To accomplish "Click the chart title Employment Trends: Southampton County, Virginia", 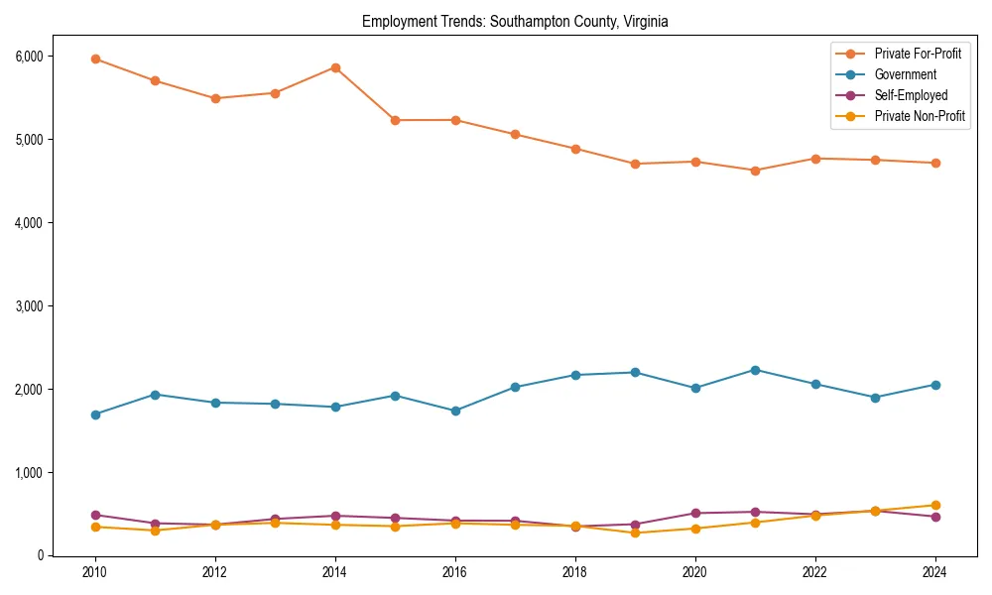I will coord(515,21).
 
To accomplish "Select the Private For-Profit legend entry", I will coord(918,54).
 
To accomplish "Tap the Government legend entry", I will coord(905,74).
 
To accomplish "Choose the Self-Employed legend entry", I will coord(911,95).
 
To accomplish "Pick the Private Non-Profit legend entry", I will coord(920,116).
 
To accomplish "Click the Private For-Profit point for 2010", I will coord(95,59).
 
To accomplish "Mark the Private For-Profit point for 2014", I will coord(335,67).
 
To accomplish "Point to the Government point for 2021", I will coord(755,370).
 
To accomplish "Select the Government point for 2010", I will coord(95,415).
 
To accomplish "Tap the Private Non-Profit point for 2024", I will coord(935,505).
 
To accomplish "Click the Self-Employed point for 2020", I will coord(695,513).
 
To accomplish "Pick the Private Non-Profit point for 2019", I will coord(635,533).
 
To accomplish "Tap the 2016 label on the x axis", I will coord(455,573).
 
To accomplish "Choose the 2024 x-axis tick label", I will coord(935,573).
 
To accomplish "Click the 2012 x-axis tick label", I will coord(215,573).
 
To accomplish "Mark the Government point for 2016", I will coord(455,411).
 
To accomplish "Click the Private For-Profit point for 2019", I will coord(635,164).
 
